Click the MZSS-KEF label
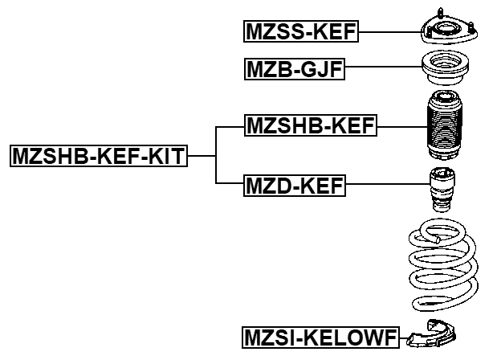(300, 32)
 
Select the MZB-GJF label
(294, 71)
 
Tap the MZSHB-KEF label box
(310, 125)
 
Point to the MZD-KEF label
(294, 187)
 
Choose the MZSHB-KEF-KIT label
(98, 156)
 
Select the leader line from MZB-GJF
(382, 71)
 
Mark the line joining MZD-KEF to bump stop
(385, 187)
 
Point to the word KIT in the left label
(167, 156)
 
